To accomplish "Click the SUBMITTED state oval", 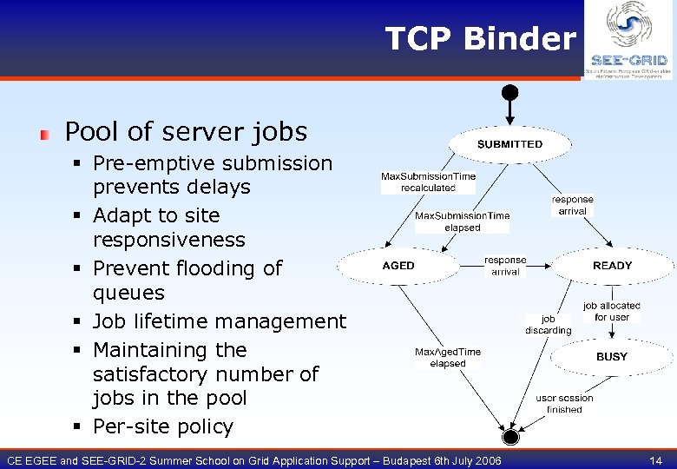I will (x=509, y=144).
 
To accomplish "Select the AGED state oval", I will (x=399, y=266).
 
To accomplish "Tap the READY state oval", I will (x=612, y=266).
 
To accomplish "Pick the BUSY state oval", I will (x=612, y=357).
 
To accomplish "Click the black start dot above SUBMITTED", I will (x=510, y=91).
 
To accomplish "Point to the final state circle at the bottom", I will (x=510, y=434).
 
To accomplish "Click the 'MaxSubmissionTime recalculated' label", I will (x=428, y=182).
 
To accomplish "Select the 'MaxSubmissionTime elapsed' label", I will (x=462, y=221).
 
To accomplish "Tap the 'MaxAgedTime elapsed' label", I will (x=447, y=358).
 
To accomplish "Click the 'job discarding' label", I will (x=549, y=325).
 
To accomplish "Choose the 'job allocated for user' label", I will (x=612, y=312).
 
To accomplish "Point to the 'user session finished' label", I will (x=564, y=404).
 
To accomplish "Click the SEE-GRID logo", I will (x=628, y=40).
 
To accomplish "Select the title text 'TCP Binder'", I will (x=480, y=39).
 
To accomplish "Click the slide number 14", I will (x=654, y=460).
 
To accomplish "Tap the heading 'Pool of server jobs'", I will (x=186, y=132).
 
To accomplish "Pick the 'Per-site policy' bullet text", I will (x=163, y=426).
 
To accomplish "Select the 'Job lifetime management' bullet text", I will (x=219, y=321).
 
